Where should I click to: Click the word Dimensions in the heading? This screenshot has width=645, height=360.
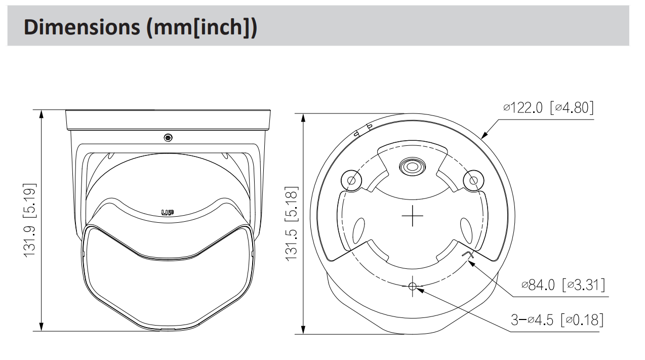tap(82, 27)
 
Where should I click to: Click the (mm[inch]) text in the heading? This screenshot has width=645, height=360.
tap(201, 28)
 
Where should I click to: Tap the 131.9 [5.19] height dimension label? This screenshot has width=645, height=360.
tap(29, 220)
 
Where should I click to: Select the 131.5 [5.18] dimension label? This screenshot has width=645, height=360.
tap(292, 224)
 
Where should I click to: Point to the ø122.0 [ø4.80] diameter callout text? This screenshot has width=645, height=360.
tap(548, 108)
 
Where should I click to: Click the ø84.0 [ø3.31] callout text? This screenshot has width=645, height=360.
tap(563, 285)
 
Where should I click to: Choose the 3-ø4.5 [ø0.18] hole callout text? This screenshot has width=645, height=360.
tap(557, 319)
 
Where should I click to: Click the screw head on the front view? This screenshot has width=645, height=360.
tap(168, 138)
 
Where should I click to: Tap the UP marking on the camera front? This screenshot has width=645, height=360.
tap(167, 213)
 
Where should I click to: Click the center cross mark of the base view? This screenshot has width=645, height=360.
tap(412, 216)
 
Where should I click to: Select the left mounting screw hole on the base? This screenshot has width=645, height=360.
tap(351, 181)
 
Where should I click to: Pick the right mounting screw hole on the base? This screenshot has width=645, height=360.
tap(473, 181)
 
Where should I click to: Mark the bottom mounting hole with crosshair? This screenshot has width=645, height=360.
tap(412, 286)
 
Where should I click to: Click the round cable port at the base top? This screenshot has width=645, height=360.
tap(412, 167)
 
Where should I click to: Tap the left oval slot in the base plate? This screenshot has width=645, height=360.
tap(358, 231)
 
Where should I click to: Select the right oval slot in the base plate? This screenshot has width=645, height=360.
tap(466, 231)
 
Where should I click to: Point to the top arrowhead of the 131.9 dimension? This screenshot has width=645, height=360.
tap(41, 114)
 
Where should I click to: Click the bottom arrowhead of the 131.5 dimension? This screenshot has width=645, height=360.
tap(303, 330)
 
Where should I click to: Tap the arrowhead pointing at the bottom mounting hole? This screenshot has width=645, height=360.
tap(420, 290)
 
